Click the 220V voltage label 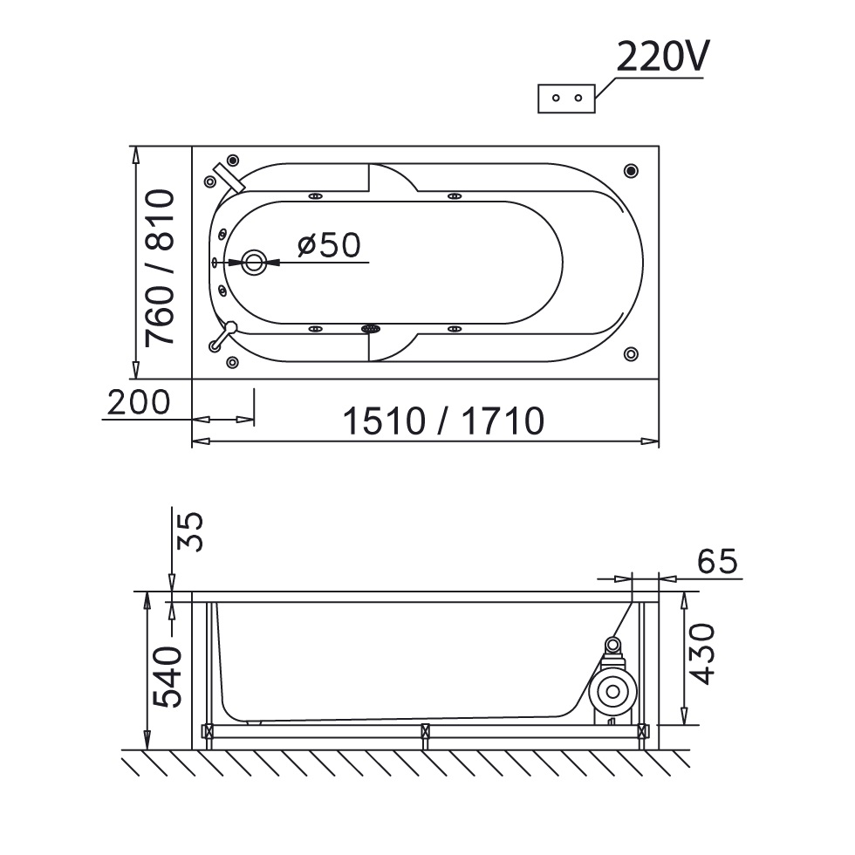[663, 57]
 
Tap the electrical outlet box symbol [566, 99]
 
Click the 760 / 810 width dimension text [161, 267]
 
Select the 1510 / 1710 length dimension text [443, 421]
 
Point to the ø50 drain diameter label [330, 245]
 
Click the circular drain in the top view [254, 263]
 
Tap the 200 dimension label [139, 402]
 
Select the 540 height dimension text [167, 677]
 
